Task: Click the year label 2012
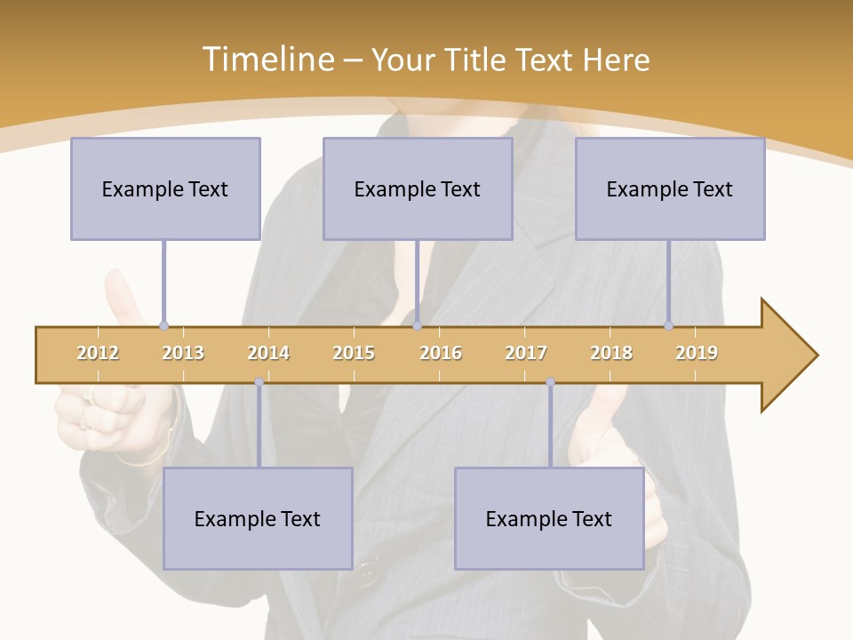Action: (98, 353)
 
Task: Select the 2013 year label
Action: (183, 353)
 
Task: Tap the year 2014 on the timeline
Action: (268, 353)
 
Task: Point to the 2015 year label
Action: (354, 353)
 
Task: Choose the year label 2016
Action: (441, 353)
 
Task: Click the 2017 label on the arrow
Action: (526, 353)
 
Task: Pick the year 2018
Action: (611, 353)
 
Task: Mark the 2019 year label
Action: (697, 353)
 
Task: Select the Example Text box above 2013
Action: (165, 188)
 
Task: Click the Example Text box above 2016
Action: (418, 188)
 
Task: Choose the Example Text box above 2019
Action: (670, 188)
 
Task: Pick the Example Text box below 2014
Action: (258, 518)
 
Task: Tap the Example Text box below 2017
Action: (549, 518)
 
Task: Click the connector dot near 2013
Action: (163, 326)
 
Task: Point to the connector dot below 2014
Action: (259, 382)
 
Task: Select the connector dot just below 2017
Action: (550, 382)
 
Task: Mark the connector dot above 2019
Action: (668, 326)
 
